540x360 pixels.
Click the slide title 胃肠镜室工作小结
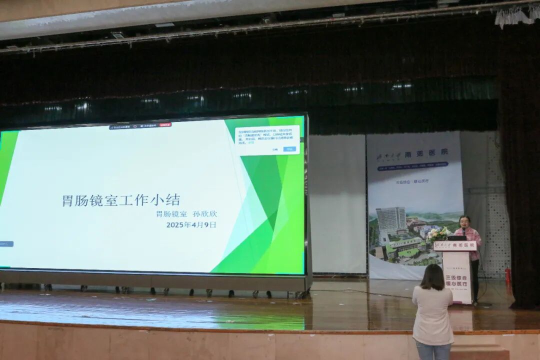coord(121,200)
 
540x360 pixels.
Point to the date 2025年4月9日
coord(191,225)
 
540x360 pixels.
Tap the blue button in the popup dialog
coord(289,149)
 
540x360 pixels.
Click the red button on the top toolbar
coord(165,125)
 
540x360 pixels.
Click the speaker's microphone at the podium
coord(463,231)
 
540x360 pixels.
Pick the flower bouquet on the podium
coord(438,234)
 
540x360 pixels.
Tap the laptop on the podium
coord(456,238)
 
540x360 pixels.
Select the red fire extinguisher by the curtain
coord(508,275)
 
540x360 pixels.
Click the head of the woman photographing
coord(432,276)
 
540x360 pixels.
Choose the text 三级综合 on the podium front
coord(455,278)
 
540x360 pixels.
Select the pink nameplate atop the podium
coord(455,246)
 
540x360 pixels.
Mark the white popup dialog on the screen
coord(267,139)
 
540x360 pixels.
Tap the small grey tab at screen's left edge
coord(6,244)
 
